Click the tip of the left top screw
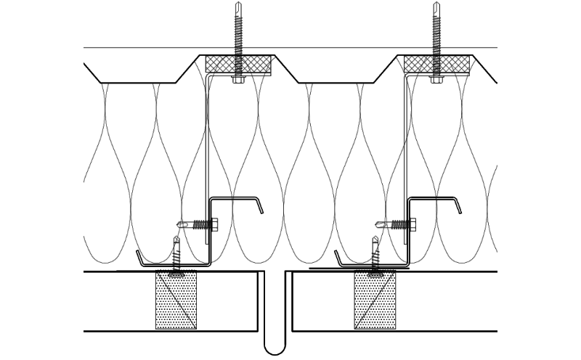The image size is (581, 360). pos(238,4)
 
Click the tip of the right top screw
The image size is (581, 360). pos(436,4)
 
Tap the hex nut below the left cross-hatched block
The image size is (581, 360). pos(238,78)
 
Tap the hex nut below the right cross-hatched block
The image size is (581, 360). pos(436,78)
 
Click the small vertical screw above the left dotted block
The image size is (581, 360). pos(176,254)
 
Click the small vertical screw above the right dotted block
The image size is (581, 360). pos(375,254)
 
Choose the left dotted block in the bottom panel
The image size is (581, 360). pos(176,300)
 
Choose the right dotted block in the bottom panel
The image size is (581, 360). pos(375,300)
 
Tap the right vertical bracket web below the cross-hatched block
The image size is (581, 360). pos(406,145)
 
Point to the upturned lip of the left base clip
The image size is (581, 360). pos(138,255)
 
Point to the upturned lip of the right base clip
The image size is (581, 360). pos(336,255)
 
